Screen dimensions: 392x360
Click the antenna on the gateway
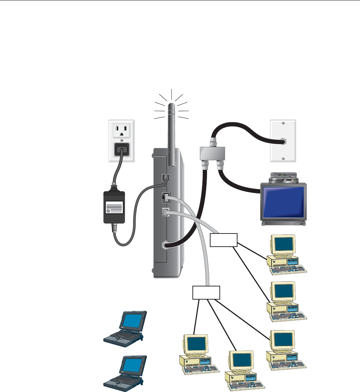coord(171,135)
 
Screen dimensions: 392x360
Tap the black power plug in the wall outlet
coord(121,151)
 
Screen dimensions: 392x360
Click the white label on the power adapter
coord(114,207)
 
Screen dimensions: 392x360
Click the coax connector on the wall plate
coord(283,141)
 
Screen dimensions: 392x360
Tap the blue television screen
coord(283,203)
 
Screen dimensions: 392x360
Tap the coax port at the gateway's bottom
coord(165,245)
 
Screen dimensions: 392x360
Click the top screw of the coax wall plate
coord(283,123)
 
